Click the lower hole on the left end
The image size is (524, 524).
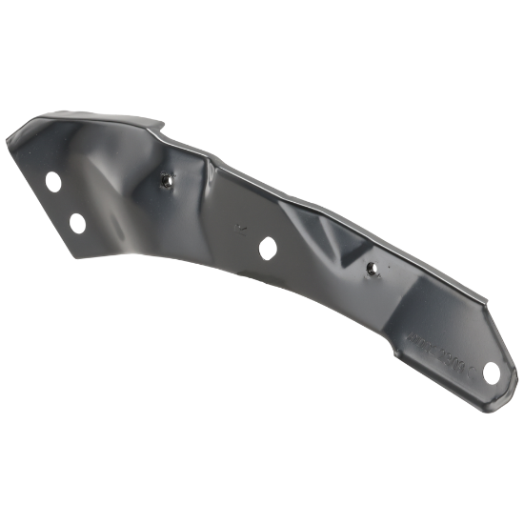[x=77, y=221]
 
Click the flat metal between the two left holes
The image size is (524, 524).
[x=65, y=202]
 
